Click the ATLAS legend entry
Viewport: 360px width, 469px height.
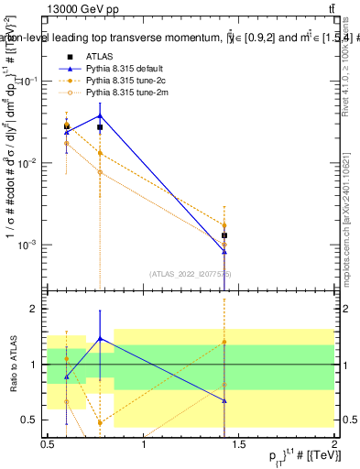pos(99,58)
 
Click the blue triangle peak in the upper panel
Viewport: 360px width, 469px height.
pos(100,115)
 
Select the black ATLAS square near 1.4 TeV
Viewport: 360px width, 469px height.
pos(224,235)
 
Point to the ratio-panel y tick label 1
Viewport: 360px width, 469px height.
pos(35,365)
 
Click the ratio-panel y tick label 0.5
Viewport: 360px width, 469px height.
pos(29,420)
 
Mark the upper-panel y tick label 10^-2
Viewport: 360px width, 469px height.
pos(27,162)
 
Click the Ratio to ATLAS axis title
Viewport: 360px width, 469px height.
pos(11,365)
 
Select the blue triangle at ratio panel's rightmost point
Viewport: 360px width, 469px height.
pos(224,401)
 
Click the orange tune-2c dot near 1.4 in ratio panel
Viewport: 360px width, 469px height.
pos(224,343)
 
